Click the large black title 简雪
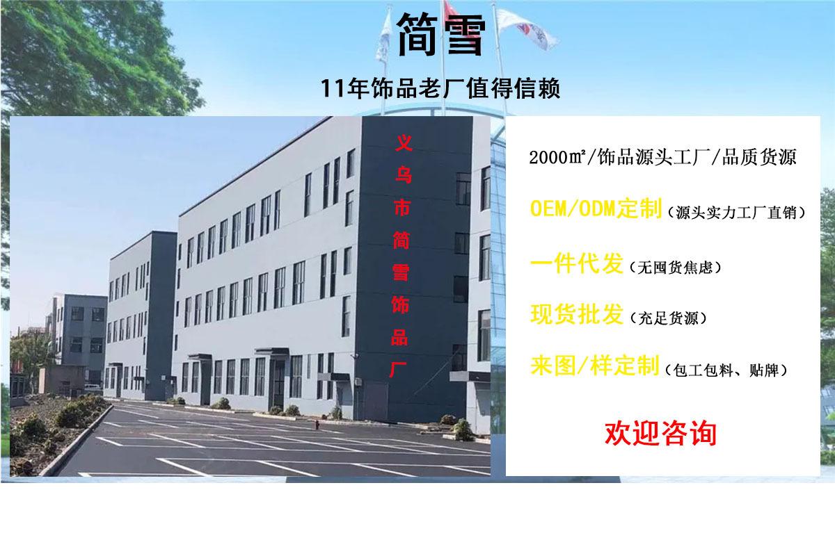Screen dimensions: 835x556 [441, 35]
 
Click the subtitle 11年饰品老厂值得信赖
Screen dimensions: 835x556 [440, 88]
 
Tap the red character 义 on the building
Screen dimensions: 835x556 [404, 143]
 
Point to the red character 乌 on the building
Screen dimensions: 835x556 [404, 174]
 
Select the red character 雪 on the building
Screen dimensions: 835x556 [401, 272]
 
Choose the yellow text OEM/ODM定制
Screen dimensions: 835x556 [596, 208]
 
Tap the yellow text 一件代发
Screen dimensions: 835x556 [576, 263]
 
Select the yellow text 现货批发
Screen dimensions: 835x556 [576, 314]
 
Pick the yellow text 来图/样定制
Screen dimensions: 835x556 [594, 366]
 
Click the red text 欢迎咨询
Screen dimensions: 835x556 [660, 434]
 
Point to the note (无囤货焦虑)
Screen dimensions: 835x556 [675, 268]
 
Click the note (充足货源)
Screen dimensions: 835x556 [669, 318]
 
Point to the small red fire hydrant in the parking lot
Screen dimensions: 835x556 [317, 424]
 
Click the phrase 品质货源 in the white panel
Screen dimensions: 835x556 [759, 158]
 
